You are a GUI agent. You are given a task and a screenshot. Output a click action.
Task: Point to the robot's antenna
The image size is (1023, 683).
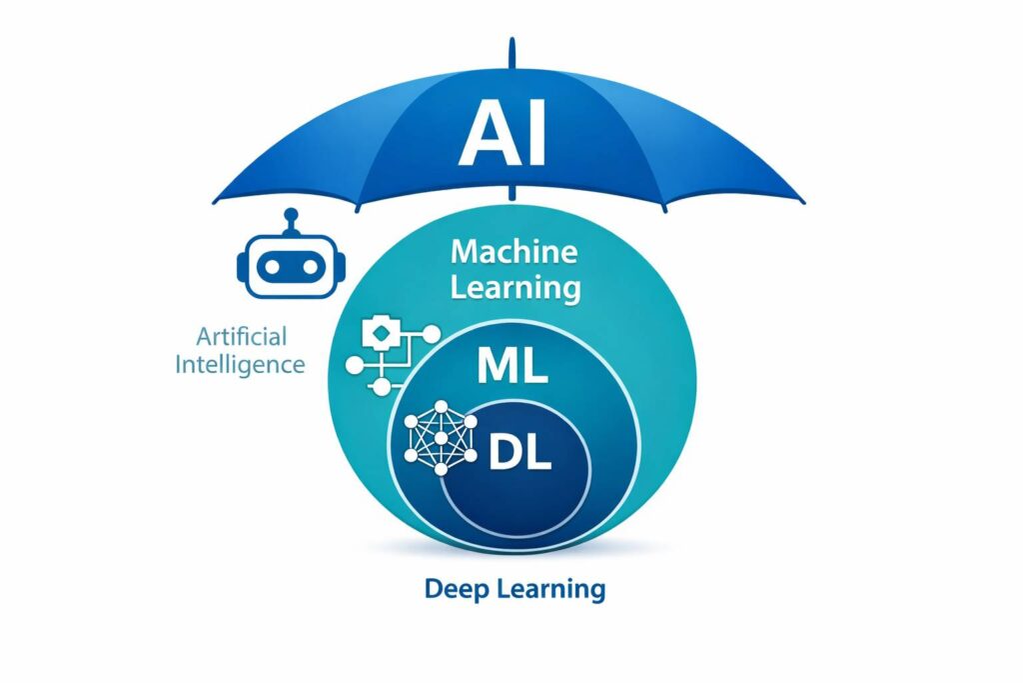(291, 219)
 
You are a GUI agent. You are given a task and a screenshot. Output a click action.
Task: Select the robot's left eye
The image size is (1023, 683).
(272, 267)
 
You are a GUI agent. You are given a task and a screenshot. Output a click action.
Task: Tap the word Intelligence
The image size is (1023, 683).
(240, 363)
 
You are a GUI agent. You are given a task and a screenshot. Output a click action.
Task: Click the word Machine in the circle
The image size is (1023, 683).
(513, 252)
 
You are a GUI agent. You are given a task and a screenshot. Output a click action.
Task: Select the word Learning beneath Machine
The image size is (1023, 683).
(514, 288)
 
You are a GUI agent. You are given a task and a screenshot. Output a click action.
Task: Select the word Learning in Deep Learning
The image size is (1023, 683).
(553, 589)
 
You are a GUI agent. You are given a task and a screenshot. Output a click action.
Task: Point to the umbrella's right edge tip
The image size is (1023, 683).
(802, 201)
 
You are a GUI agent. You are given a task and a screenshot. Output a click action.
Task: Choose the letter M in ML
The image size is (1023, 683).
(498, 368)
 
